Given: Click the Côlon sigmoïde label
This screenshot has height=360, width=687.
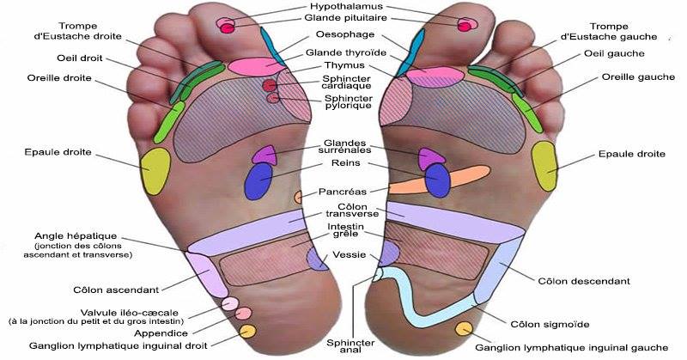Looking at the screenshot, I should [550, 324].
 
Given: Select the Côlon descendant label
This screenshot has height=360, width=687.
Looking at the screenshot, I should [584, 281].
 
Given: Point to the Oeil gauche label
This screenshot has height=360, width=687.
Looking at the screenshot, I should [615, 53].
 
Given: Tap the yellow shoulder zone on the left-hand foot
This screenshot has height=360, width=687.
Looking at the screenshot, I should [155, 169].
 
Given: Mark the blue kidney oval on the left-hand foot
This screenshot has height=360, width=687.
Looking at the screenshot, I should [258, 180].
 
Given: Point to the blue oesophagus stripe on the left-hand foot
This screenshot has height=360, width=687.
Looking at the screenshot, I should [271, 43].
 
